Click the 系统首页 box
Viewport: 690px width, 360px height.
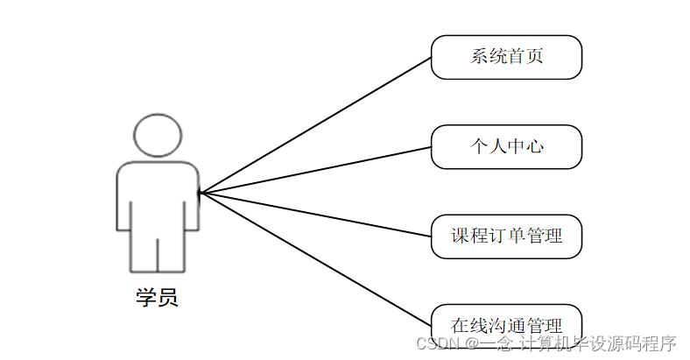(x=506, y=57)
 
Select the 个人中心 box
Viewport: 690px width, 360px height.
(x=506, y=146)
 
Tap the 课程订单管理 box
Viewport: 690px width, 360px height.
(x=506, y=236)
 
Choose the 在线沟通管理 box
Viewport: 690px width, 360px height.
(x=506, y=319)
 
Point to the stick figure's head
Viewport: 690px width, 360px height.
(x=158, y=136)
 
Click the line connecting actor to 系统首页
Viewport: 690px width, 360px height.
(x=315, y=124)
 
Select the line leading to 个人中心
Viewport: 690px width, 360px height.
(x=315, y=169)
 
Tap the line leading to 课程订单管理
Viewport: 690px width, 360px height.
(x=315, y=214)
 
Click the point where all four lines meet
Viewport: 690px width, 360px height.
(x=200, y=192)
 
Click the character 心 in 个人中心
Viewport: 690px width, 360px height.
(x=535, y=146)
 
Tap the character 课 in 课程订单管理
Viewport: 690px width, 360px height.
(x=460, y=236)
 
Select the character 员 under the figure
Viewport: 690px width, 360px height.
(x=168, y=297)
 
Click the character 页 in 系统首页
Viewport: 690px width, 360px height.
(x=534, y=57)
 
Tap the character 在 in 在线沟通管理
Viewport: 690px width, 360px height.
(x=460, y=320)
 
